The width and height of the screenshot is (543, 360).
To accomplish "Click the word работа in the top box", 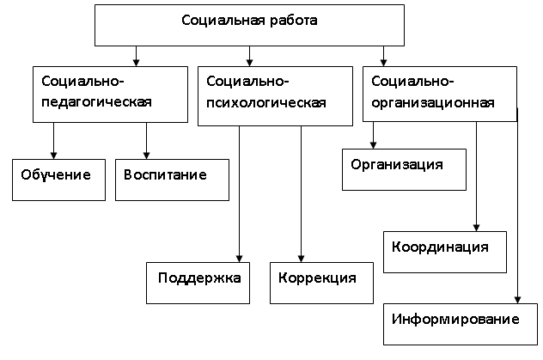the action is tap(294, 21).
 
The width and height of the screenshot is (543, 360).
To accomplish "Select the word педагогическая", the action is tap(96, 102).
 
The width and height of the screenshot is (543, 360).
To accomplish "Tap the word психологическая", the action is tap(266, 103).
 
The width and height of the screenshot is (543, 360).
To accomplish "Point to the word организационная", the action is tap(433, 103).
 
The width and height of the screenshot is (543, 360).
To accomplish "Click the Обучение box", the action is tap(59, 180).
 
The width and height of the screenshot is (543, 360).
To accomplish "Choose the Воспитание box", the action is tap(172, 180).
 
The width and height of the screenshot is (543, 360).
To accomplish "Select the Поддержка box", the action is tap(198, 284).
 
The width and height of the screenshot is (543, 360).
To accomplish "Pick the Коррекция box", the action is tap(321, 284).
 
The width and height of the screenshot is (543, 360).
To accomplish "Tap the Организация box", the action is tap(404, 169).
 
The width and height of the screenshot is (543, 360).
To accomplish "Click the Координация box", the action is tap(445, 253).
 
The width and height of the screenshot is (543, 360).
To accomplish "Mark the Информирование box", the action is tap(461, 325).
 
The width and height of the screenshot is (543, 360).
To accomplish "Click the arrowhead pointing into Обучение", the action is tap(53, 156).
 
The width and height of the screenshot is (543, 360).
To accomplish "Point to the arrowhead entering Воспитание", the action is tap(146, 156).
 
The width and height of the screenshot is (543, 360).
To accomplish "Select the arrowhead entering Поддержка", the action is tap(240, 259).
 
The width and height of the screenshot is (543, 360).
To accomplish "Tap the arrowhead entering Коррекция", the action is tap(302, 259).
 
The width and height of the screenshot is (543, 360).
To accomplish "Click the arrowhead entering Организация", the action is tap(373, 145).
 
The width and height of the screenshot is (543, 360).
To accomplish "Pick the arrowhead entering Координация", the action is tap(477, 228).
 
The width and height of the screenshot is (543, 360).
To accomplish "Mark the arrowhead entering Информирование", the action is tap(518, 300).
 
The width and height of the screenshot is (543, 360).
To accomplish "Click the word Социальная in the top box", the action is tap(223, 21).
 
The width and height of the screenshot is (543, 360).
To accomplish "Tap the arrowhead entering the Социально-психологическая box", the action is tap(250, 63).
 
